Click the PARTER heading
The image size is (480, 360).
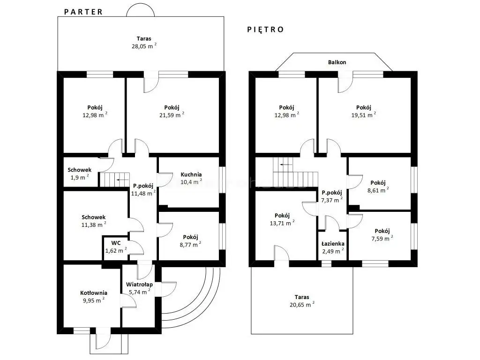click(83, 12)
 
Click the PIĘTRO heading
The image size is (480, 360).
click(266, 30)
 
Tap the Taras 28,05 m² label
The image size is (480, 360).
click(144, 43)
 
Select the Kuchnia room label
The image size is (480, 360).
click(191, 174)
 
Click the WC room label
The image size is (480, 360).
click(116, 243)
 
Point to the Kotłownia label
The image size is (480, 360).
click(94, 293)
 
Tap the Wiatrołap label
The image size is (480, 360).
click(139, 285)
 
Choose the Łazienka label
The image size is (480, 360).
click(333, 244)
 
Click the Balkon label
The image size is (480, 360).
click(337, 62)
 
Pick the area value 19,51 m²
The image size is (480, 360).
click(364, 115)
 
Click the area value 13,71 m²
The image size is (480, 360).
click(282, 223)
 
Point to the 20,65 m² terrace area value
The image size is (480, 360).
click(302, 305)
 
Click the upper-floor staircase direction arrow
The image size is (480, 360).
click(286, 165)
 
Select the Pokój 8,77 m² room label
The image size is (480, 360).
click(190, 241)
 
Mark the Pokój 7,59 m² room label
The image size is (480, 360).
click(382, 235)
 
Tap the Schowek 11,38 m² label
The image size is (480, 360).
click(94, 221)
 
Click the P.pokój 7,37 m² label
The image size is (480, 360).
click(332, 196)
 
